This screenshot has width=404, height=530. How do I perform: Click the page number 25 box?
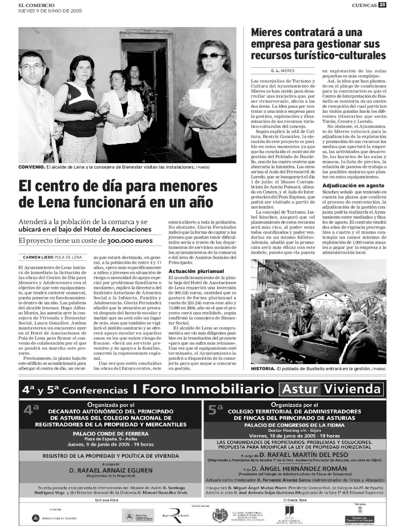[382, 5]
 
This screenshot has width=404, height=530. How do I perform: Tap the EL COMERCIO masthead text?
[36, 5]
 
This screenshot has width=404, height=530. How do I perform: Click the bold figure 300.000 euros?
[130, 241]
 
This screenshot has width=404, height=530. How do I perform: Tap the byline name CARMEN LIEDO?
[38, 257]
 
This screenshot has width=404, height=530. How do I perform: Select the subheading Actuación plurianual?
[191, 271]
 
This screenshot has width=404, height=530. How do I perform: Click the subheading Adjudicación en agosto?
[353, 185]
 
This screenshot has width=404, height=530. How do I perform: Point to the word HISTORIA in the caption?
[263, 369]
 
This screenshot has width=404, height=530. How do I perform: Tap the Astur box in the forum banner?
[300, 389]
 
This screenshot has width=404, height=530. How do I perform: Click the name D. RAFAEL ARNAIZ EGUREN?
[111, 470]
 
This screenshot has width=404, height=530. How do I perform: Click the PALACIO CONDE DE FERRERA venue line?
[111, 434]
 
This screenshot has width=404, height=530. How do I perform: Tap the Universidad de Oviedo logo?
[54, 518]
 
